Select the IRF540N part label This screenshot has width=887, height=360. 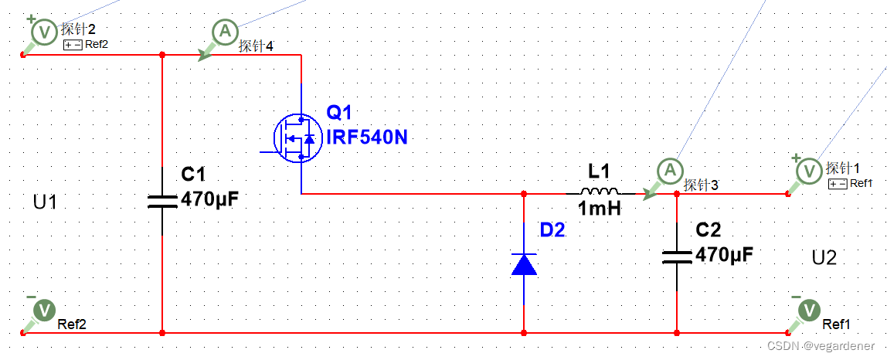pos(367,138)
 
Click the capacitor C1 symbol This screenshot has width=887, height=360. pos(162,201)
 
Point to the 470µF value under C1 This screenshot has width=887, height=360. pos(209,200)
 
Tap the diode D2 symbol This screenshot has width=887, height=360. pos(524,265)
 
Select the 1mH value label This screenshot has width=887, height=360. pos(599,208)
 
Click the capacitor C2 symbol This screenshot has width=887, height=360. pos(677,256)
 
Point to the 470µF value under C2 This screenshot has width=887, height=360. pos(724,255)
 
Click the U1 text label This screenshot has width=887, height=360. pos(45,202)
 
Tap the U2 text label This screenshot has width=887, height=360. pos(824,257)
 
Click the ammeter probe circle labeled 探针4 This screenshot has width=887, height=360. pos(225,32)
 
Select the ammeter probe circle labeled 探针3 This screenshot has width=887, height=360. pos(670,170)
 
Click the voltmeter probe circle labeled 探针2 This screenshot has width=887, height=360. pos(44,32)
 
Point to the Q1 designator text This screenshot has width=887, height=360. pos(338,114)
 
